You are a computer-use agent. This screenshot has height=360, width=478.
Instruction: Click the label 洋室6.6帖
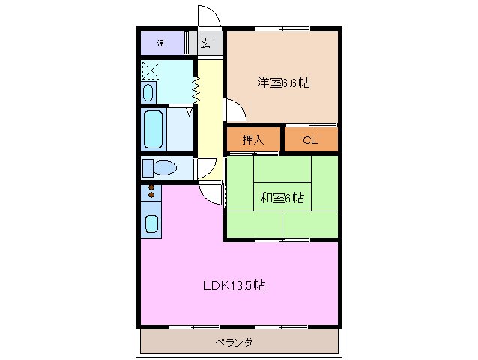tap(284, 83)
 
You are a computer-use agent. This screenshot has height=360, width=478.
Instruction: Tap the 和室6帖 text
tap(282, 198)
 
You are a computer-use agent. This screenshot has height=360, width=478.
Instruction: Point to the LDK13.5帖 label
tap(233, 285)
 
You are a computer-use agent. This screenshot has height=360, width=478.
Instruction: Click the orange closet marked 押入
tap(252, 139)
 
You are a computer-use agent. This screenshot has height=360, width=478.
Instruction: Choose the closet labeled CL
tap(310, 139)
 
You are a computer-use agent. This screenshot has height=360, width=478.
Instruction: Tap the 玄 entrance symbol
tap(205, 43)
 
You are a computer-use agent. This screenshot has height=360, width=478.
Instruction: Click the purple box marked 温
tap(160, 43)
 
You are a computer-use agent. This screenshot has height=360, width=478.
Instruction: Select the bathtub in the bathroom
tap(154, 130)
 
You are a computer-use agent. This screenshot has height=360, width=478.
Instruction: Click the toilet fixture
tap(160, 167)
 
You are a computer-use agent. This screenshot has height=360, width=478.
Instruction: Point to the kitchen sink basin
tap(151, 223)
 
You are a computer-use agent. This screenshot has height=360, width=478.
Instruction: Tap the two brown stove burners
tap(151, 191)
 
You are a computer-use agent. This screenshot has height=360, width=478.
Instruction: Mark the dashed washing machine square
tap(151, 70)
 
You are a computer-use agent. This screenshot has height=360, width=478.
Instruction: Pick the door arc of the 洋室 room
tap(235, 111)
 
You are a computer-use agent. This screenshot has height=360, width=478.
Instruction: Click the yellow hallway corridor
tap(210, 120)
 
